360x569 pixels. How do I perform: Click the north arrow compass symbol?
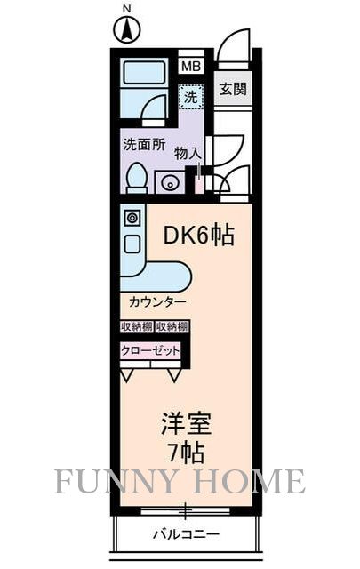127,30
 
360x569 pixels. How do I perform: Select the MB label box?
191,66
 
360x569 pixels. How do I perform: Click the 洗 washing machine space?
190,95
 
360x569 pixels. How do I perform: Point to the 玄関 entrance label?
234,89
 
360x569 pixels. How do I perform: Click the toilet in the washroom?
136,177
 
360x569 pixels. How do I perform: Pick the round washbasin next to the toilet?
168,183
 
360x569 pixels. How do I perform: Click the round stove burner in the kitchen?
132,218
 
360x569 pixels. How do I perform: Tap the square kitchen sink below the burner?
132,243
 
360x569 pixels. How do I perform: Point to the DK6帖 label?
200,236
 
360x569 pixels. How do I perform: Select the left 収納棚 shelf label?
137,326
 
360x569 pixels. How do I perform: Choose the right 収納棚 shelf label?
172,326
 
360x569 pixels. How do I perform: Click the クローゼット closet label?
151,351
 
